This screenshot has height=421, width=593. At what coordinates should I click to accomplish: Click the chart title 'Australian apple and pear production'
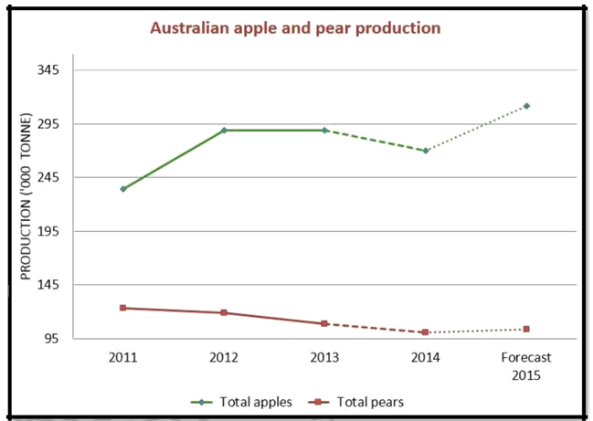click(296, 28)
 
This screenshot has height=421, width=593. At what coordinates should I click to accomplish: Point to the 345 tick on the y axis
click(48, 70)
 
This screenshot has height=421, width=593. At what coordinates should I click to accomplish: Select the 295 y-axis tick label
click(48, 124)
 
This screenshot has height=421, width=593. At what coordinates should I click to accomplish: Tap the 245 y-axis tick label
click(48, 177)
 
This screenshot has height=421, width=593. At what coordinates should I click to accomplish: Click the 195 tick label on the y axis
click(48, 231)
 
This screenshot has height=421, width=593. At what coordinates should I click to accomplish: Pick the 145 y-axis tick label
click(48, 285)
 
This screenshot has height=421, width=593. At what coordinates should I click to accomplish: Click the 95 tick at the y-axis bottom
click(52, 339)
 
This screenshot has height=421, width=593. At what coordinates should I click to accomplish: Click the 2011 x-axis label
click(122, 357)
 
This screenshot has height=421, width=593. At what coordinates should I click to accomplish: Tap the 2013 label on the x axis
click(324, 357)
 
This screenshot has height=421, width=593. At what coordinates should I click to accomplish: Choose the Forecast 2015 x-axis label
click(526, 364)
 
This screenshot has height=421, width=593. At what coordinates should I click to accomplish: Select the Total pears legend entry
click(363, 401)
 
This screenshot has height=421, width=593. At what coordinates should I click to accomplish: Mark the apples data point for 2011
click(122, 189)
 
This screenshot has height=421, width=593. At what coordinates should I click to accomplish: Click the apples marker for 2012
click(224, 131)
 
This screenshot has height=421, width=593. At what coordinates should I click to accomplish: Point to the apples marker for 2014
click(426, 151)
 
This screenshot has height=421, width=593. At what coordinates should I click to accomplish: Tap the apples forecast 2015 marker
click(526, 106)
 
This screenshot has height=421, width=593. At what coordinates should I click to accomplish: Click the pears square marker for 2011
click(122, 308)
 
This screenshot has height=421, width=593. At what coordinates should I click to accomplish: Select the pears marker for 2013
click(324, 323)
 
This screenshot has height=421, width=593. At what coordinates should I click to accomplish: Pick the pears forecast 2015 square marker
click(526, 329)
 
